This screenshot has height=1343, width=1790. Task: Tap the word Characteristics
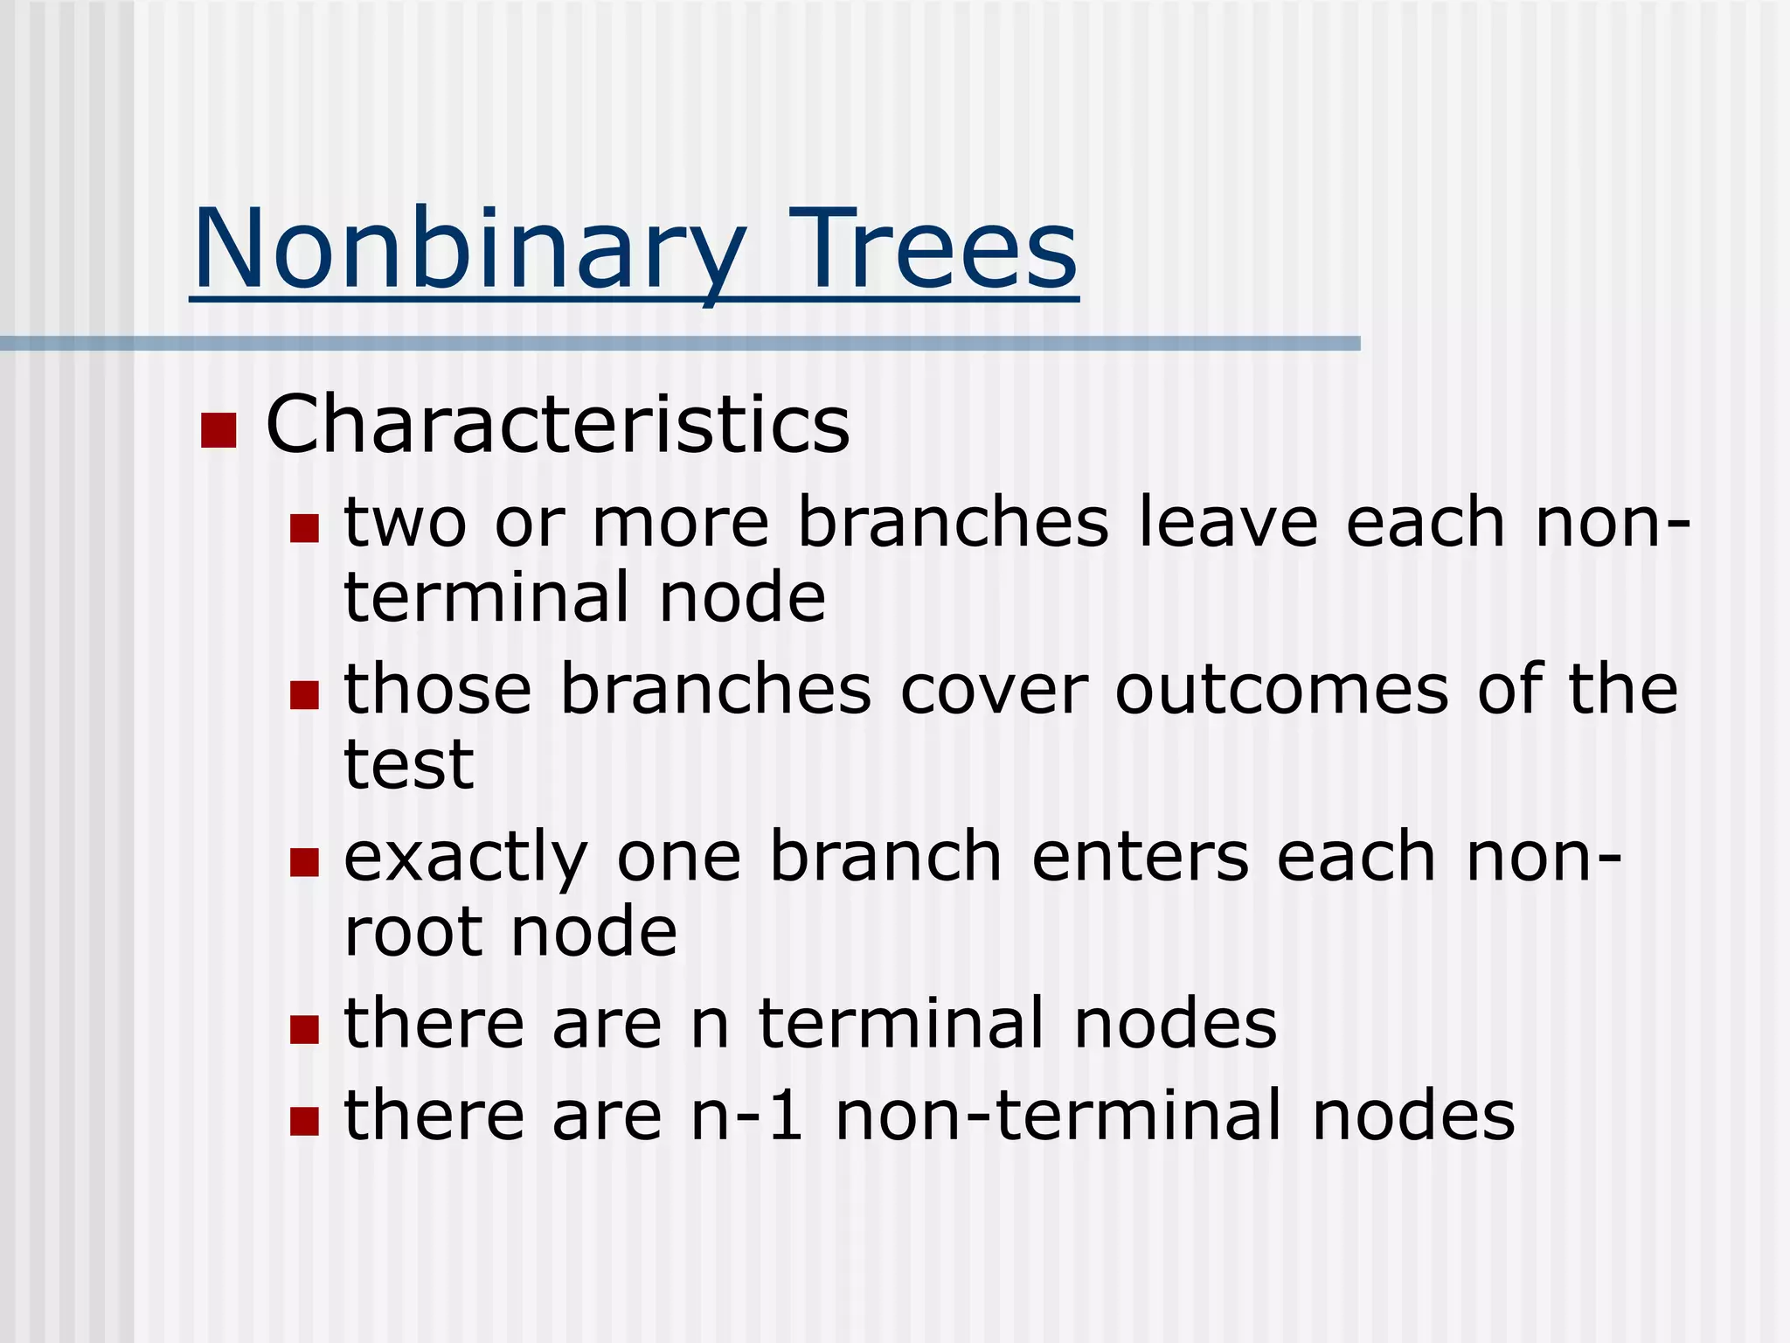[x=557, y=424]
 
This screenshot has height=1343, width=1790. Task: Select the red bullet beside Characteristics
[x=219, y=430]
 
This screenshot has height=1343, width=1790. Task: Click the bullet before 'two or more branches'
[x=304, y=528]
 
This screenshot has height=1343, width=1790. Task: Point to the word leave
[x=1227, y=522]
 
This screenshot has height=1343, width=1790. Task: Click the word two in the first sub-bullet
[x=405, y=522]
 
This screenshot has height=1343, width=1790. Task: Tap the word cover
[x=994, y=690]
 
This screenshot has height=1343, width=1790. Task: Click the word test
[x=408, y=764]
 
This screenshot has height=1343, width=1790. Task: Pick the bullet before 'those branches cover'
[x=304, y=695]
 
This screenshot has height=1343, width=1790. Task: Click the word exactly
[x=465, y=859]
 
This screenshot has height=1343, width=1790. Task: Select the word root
[x=413, y=932]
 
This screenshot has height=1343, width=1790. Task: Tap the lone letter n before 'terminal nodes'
[x=710, y=1025]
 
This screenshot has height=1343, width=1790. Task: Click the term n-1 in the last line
[x=746, y=1116]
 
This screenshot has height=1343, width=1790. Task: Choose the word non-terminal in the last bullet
[x=1058, y=1116]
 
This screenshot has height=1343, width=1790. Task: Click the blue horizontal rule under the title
[x=680, y=344]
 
